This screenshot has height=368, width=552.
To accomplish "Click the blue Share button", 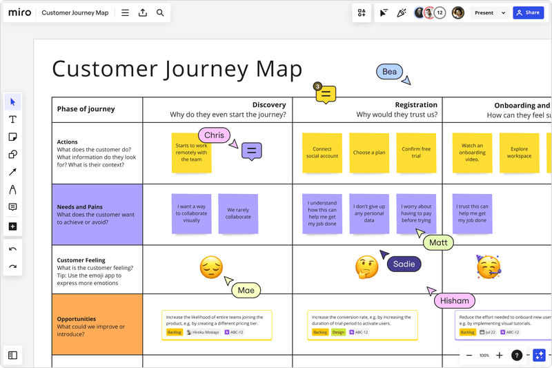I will [x=528, y=12].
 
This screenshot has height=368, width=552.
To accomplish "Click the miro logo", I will [x=19, y=12].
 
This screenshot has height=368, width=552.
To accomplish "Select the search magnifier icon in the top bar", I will [x=160, y=12].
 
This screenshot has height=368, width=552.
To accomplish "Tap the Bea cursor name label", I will [x=389, y=72].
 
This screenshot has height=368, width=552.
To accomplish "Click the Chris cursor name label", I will [x=214, y=135].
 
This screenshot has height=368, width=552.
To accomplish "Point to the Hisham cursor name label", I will [x=455, y=300].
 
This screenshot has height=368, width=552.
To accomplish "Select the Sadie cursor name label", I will [x=404, y=264].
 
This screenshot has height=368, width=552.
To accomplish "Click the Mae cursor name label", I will [x=246, y=291].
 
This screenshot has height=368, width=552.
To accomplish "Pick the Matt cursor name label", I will [x=438, y=242].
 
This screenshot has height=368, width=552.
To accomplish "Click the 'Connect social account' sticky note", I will [x=322, y=153].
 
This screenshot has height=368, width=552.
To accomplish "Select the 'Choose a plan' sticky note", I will [x=369, y=153].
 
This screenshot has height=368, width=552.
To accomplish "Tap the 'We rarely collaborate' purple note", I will [x=238, y=213].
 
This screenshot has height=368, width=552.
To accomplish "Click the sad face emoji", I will [x=211, y=267].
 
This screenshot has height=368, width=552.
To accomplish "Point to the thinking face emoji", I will [x=366, y=267].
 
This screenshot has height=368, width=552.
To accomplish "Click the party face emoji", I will [x=488, y=267].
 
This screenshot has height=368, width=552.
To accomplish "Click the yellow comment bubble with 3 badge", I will [x=326, y=94].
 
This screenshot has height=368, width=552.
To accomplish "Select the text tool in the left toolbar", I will [x=12, y=119].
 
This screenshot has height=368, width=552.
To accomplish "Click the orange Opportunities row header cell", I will [x=97, y=325].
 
